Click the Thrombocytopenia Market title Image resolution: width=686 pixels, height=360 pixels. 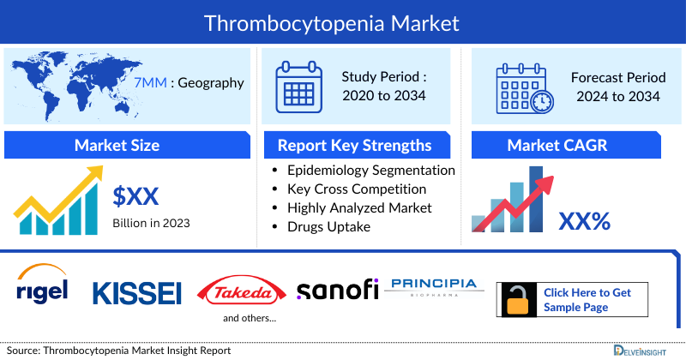point(343,21)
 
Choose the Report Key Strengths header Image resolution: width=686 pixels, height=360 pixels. point(354,145)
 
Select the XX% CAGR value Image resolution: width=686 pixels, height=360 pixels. point(584,222)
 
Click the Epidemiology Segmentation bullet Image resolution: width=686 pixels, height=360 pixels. point(371,170)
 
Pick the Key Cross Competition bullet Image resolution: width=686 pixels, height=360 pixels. point(357,189)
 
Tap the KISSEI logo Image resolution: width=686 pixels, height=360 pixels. point(137,292)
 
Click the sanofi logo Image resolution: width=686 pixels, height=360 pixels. point(337,290)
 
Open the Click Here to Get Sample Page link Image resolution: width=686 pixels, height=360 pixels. point(587,299)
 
